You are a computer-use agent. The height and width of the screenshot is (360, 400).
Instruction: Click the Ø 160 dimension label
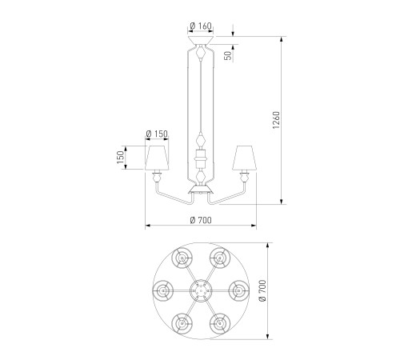click(x=201, y=26)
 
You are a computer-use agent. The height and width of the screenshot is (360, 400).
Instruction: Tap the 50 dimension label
click(x=228, y=55)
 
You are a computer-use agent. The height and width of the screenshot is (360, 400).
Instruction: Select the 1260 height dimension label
click(x=276, y=120)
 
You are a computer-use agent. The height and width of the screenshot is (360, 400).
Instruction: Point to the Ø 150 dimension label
click(x=157, y=134)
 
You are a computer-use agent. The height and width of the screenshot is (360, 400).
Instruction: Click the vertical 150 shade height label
click(x=120, y=158)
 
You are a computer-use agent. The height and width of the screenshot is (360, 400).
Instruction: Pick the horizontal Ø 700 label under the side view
click(x=201, y=220)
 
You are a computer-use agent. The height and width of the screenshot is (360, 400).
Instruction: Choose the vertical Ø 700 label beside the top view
click(x=262, y=290)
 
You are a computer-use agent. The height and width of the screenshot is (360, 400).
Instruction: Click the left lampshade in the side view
click(x=157, y=158)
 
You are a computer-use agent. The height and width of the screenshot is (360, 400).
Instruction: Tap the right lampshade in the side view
click(x=244, y=158)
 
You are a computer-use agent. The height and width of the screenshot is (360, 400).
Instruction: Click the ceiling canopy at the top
click(x=201, y=40)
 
